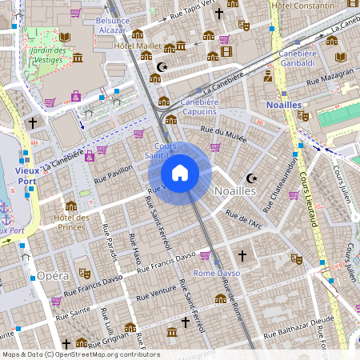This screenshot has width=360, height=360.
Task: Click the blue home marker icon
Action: tap(180, 172)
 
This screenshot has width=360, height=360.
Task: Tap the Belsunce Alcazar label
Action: tap(112, 24)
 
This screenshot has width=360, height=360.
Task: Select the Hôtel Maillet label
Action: tap(138, 46)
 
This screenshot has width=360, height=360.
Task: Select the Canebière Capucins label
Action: tap(200, 107)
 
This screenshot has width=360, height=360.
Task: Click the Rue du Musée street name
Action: tap(223, 134)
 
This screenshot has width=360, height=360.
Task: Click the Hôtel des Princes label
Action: tap(71, 222)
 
